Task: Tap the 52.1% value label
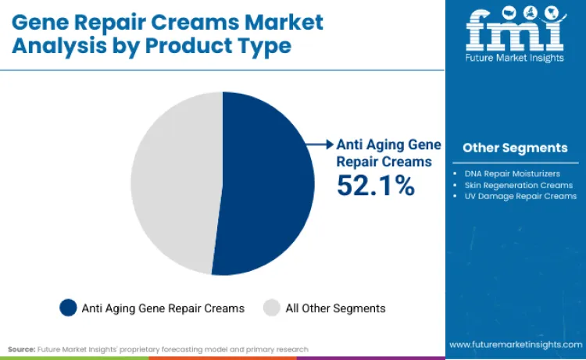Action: (x=375, y=185)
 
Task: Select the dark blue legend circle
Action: (x=69, y=308)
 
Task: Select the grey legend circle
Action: (x=272, y=308)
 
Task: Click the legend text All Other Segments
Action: (x=335, y=308)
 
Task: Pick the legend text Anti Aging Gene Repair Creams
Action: (x=163, y=308)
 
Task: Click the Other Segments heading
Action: (x=515, y=148)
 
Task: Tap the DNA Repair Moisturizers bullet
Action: (x=511, y=173)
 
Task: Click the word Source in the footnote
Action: (x=21, y=349)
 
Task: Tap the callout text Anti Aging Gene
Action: (x=388, y=144)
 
